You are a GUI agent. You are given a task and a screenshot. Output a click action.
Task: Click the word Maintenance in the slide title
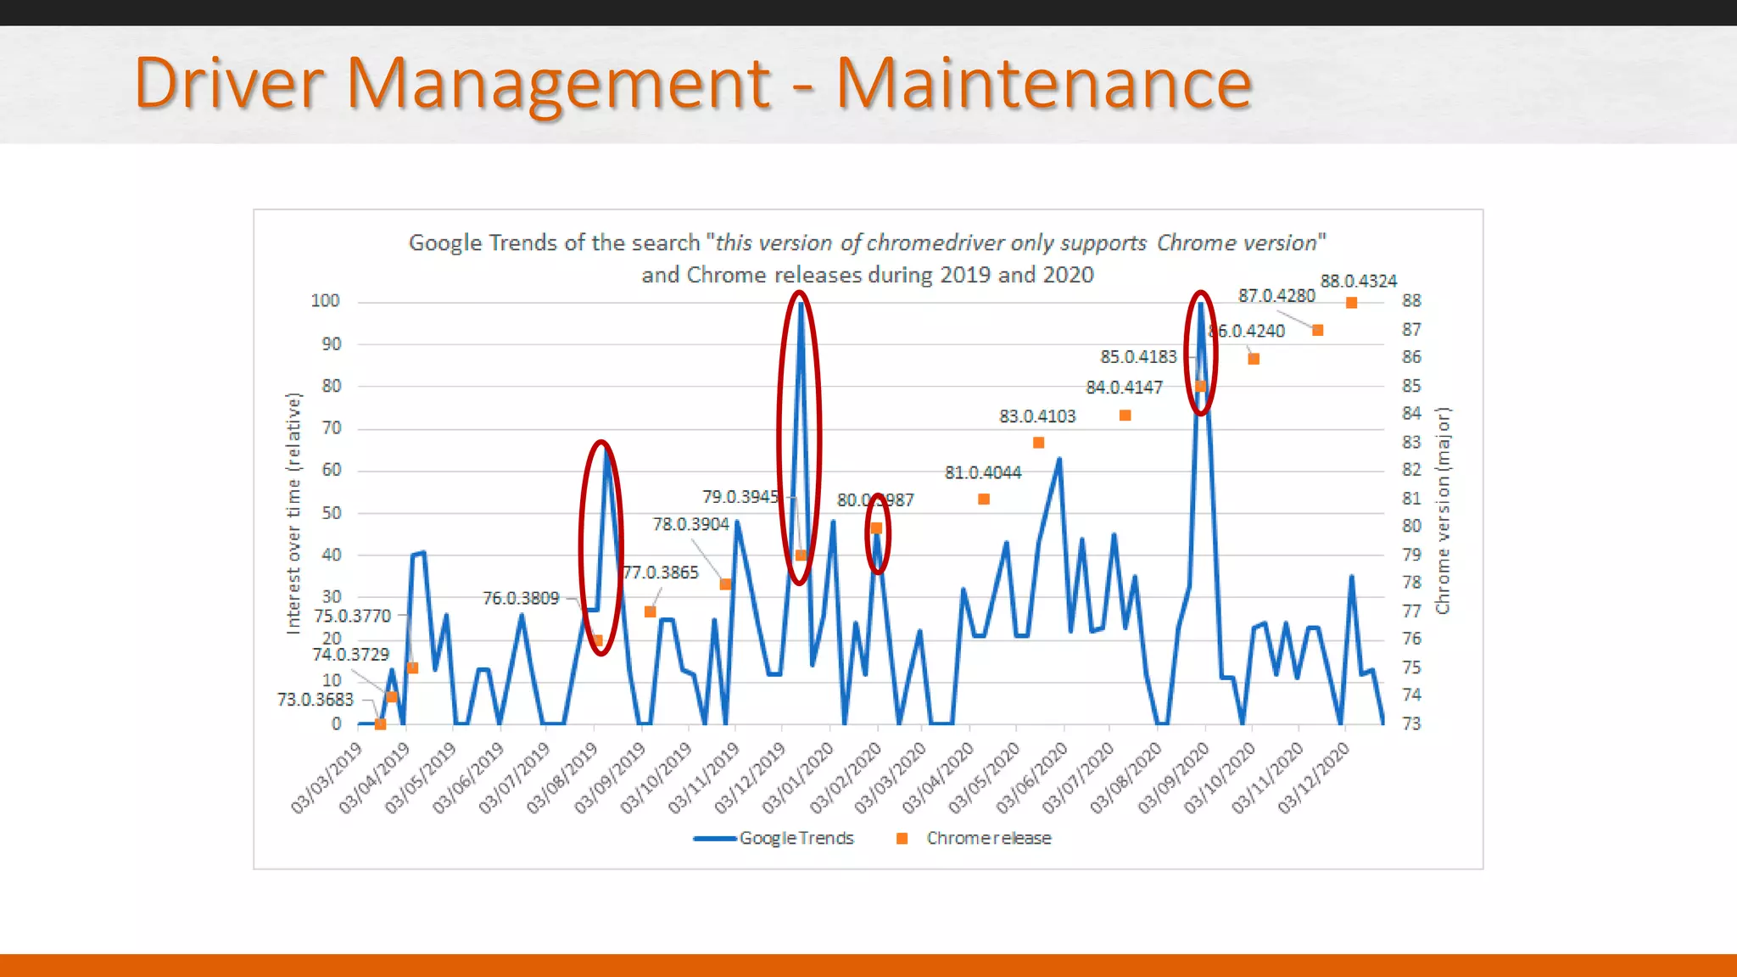(x=1043, y=83)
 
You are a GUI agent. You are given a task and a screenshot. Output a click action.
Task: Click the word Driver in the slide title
(x=229, y=83)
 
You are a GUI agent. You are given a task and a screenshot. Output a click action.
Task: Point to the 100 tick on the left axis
(x=325, y=301)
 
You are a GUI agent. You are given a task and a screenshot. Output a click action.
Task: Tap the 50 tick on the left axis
(x=331, y=512)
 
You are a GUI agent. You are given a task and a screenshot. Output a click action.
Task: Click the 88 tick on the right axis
(x=1411, y=301)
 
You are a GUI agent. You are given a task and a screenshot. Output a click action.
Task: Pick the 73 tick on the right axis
(x=1411, y=723)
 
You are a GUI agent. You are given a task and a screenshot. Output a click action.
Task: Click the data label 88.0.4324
(x=1358, y=281)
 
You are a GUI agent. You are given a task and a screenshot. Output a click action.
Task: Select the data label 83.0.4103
(x=1036, y=416)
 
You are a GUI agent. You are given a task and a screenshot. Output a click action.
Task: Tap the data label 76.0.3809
(x=521, y=599)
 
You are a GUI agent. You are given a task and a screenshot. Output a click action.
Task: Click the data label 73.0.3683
(x=315, y=700)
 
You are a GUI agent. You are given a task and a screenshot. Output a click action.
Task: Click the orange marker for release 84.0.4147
(x=1125, y=416)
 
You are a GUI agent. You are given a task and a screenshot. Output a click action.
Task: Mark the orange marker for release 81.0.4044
(x=984, y=500)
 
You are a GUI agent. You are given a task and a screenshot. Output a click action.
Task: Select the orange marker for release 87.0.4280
(x=1317, y=330)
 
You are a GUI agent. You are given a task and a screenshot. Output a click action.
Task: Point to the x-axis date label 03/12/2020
(x=1313, y=778)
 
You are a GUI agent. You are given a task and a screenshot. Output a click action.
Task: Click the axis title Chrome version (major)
(x=1443, y=511)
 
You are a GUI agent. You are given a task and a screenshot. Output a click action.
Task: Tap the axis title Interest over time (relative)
(x=293, y=513)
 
